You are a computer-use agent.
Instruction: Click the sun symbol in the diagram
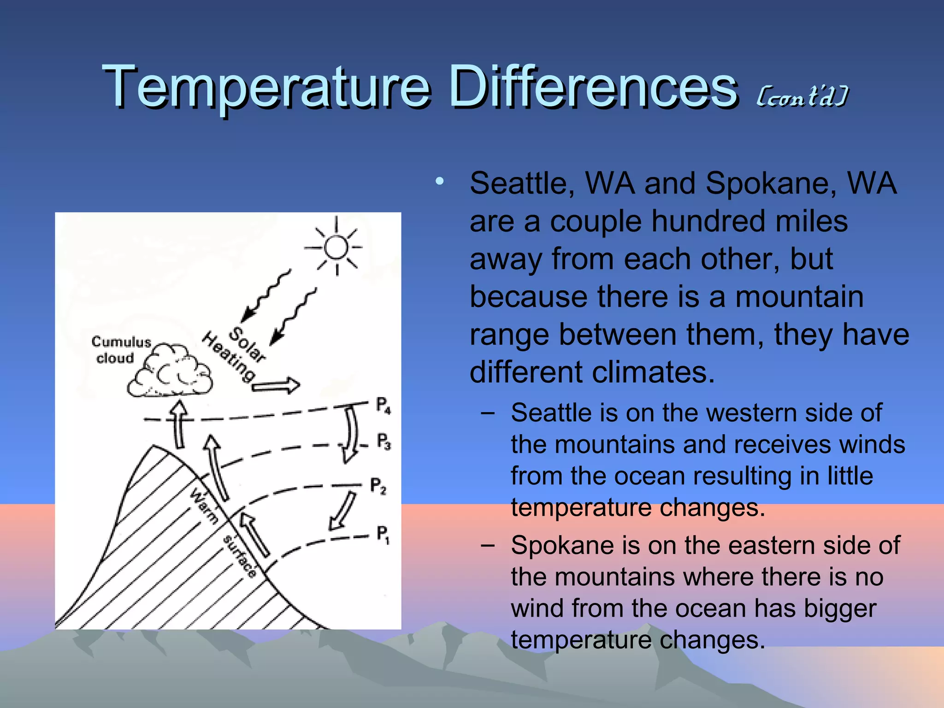point(336,248)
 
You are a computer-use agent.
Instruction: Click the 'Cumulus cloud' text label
point(121,349)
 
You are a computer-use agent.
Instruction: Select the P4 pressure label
point(383,406)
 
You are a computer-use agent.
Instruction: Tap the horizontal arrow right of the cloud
point(276,386)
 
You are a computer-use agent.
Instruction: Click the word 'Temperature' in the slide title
point(266,87)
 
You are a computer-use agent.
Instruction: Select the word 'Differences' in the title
point(593,87)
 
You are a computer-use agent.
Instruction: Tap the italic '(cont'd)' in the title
point(802,97)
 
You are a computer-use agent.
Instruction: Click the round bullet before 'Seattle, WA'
point(440,181)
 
